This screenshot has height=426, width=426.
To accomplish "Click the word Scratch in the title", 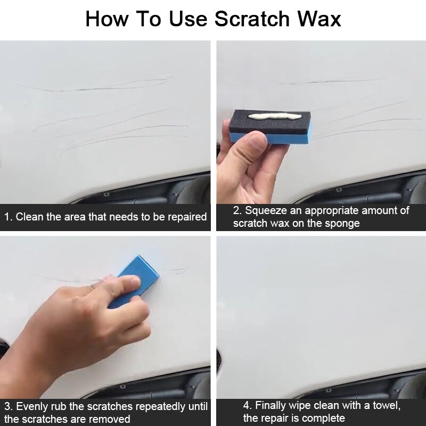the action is [x=252, y=19].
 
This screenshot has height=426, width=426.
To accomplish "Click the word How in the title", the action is [x=106, y=19].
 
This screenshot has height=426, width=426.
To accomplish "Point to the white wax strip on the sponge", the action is [x=274, y=116].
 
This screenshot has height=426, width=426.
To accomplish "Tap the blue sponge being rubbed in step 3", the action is [x=134, y=280].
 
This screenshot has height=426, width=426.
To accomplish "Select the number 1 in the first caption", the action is [x=7, y=217].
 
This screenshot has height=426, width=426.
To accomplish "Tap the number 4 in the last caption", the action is [x=247, y=406].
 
